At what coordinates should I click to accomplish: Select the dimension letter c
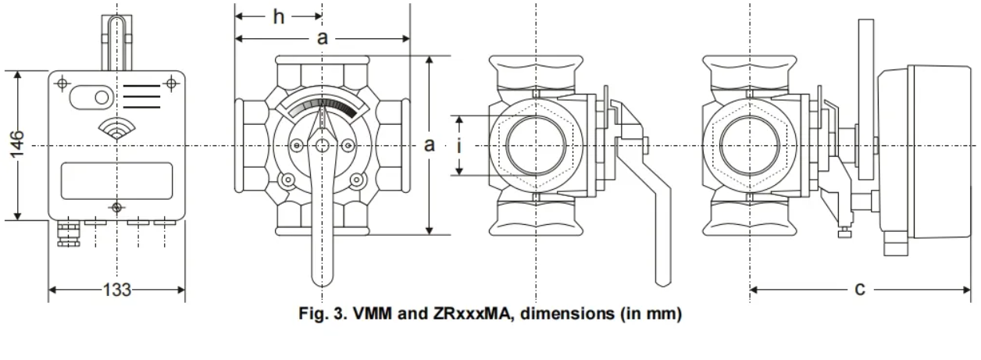click(859, 289)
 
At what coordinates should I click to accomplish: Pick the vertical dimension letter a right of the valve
click(429, 144)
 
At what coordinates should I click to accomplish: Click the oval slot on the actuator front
click(91, 97)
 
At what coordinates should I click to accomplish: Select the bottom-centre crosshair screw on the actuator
click(117, 207)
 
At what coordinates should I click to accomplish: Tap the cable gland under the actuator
click(65, 232)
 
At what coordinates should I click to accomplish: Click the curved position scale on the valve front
click(323, 108)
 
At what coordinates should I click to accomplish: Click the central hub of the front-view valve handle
click(322, 145)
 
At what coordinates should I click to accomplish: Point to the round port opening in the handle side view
click(536, 145)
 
